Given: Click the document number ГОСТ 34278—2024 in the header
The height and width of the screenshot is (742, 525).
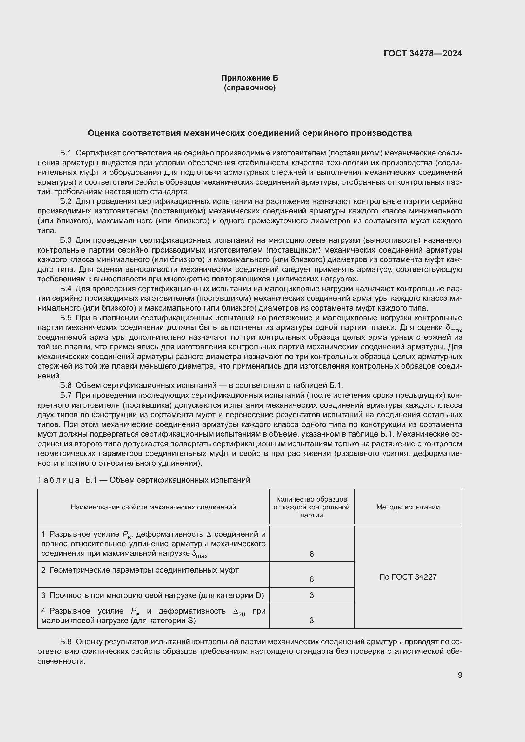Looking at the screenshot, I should click(x=422, y=53).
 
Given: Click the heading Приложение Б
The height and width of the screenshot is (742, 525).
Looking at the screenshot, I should click(x=249, y=78).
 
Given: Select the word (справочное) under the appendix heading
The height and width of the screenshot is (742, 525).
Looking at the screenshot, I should click(x=249, y=88).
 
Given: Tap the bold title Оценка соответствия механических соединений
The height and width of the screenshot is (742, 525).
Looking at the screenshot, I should click(x=249, y=133).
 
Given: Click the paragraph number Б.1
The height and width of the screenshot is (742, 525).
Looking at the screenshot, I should click(x=66, y=153).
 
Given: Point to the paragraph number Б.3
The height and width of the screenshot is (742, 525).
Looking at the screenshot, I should click(x=66, y=240).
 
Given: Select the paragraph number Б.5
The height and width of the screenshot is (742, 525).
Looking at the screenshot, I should click(x=66, y=318).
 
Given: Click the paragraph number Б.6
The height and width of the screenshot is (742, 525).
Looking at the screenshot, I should click(x=66, y=385).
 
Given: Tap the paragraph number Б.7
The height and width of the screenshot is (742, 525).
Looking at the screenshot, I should click(x=66, y=395).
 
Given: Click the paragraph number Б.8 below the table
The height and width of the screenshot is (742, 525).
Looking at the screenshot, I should click(x=66, y=641).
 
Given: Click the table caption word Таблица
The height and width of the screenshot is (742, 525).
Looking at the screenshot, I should click(x=58, y=480).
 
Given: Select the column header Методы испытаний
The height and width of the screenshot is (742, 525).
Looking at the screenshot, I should click(x=408, y=507).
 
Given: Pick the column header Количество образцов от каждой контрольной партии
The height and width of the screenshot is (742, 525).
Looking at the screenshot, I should click(x=311, y=507).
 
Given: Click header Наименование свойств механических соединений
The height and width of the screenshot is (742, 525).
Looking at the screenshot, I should click(x=153, y=507).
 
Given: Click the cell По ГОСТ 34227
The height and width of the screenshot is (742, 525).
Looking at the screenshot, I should click(x=408, y=577).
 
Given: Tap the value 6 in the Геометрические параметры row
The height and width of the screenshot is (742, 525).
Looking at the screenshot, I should click(x=311, y=580).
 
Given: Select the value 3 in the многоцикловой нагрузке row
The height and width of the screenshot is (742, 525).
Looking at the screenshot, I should click(x=311, y=595).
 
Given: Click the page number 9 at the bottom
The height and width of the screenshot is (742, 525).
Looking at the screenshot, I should click(x=460, y=675).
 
